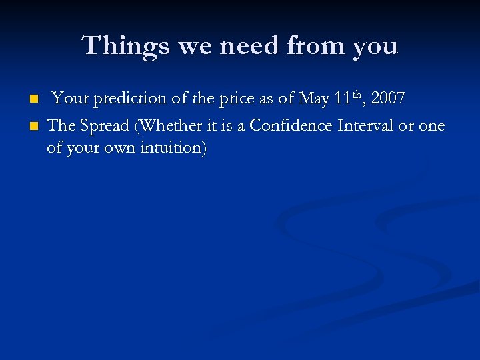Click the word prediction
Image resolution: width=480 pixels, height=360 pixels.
[x=130, y=99]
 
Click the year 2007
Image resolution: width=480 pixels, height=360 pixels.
[x=388, y=99]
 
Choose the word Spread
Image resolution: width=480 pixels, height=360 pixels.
[x=104, y=126]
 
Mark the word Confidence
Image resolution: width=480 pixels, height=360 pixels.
[x=291, y=126]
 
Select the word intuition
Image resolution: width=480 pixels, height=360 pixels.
[x=175, y=147]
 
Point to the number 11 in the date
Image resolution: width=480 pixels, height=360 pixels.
[x=343, y=99]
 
